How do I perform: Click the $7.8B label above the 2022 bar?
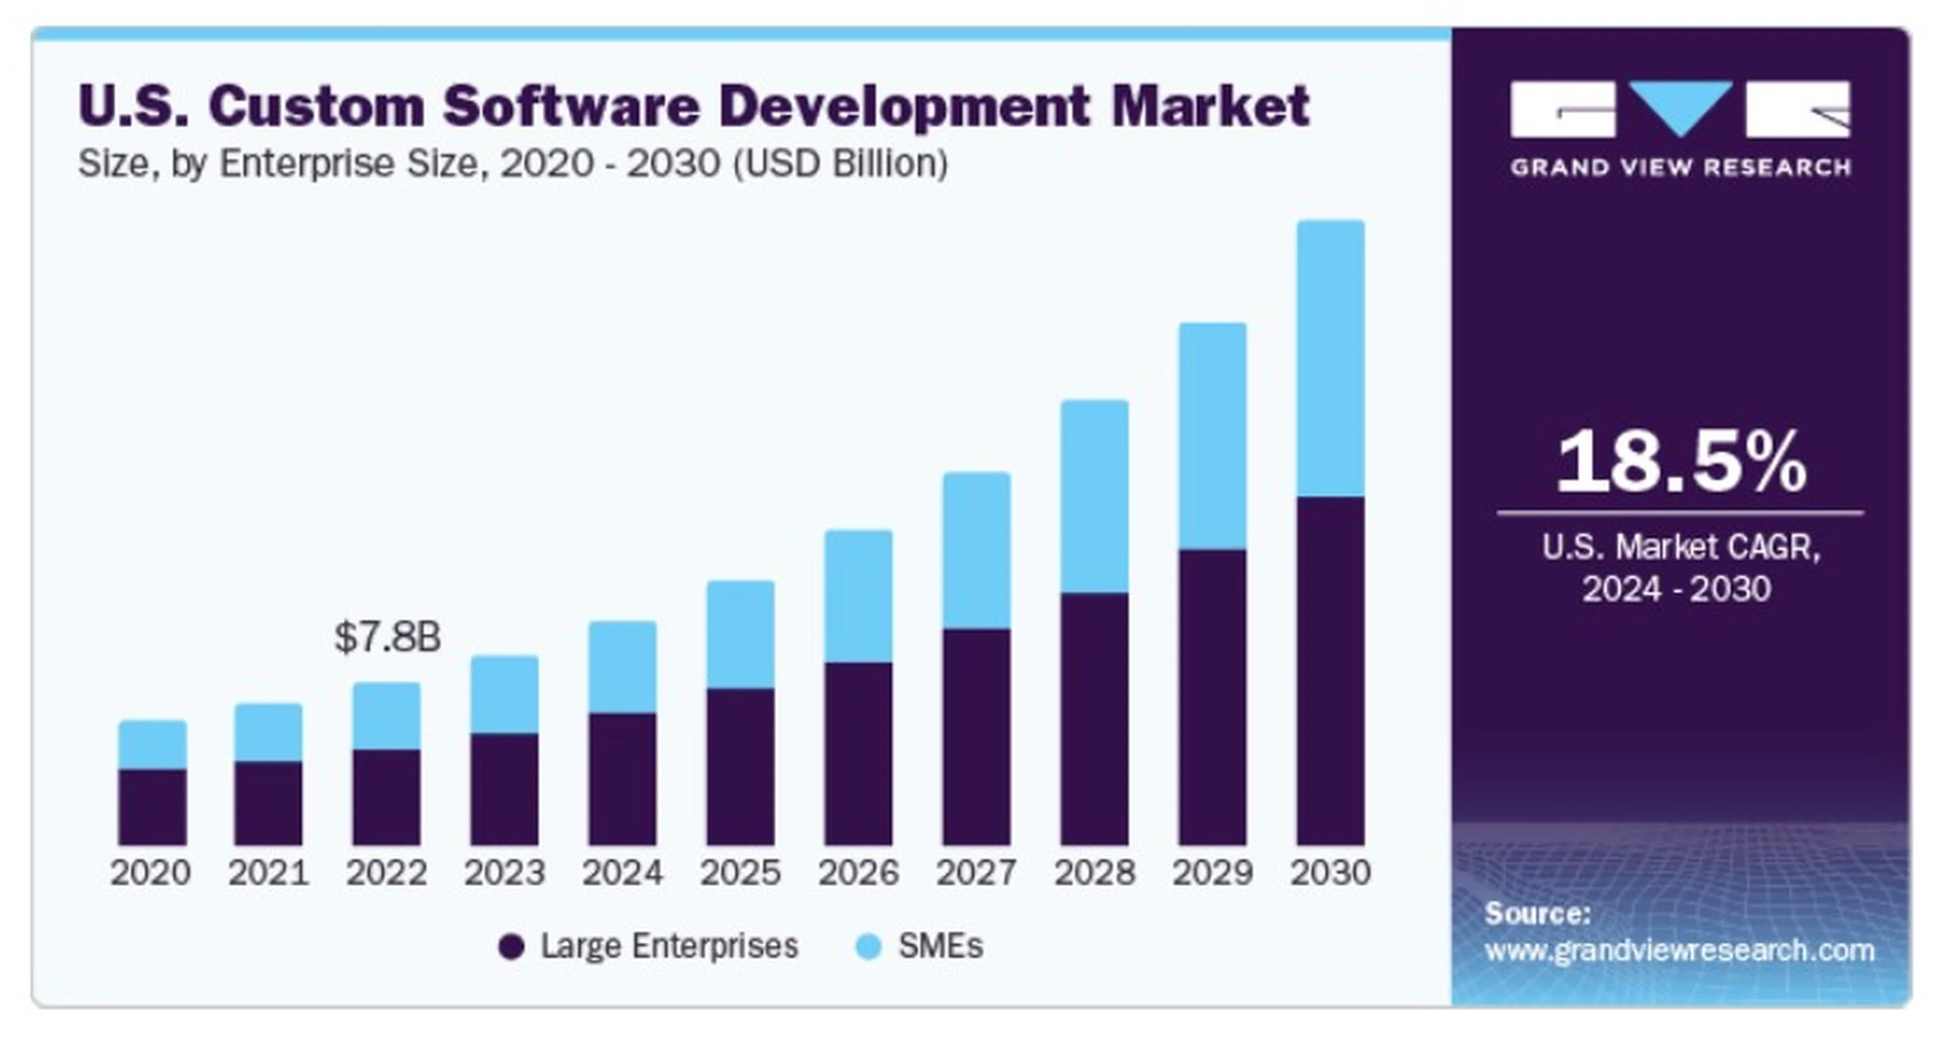coord(387,637)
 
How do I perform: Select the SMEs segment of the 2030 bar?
coord(1330,359)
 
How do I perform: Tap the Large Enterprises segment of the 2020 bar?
coord(152,807)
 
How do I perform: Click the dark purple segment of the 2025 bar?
coord(740,766)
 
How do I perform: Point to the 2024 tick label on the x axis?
coord(622,873)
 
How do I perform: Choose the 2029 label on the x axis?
coord(1213,873)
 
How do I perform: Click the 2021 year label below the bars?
coord(269,873)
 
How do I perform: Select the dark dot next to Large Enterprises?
coord(511,946)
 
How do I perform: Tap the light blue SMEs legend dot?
coord(869,946)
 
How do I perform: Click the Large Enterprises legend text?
coord(669,946)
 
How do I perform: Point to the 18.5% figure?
coord(1680,462)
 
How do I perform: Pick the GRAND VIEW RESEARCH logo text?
coord(1680,167)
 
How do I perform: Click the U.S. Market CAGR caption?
coord(1680,547)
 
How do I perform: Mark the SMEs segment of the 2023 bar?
coord(504,694)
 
